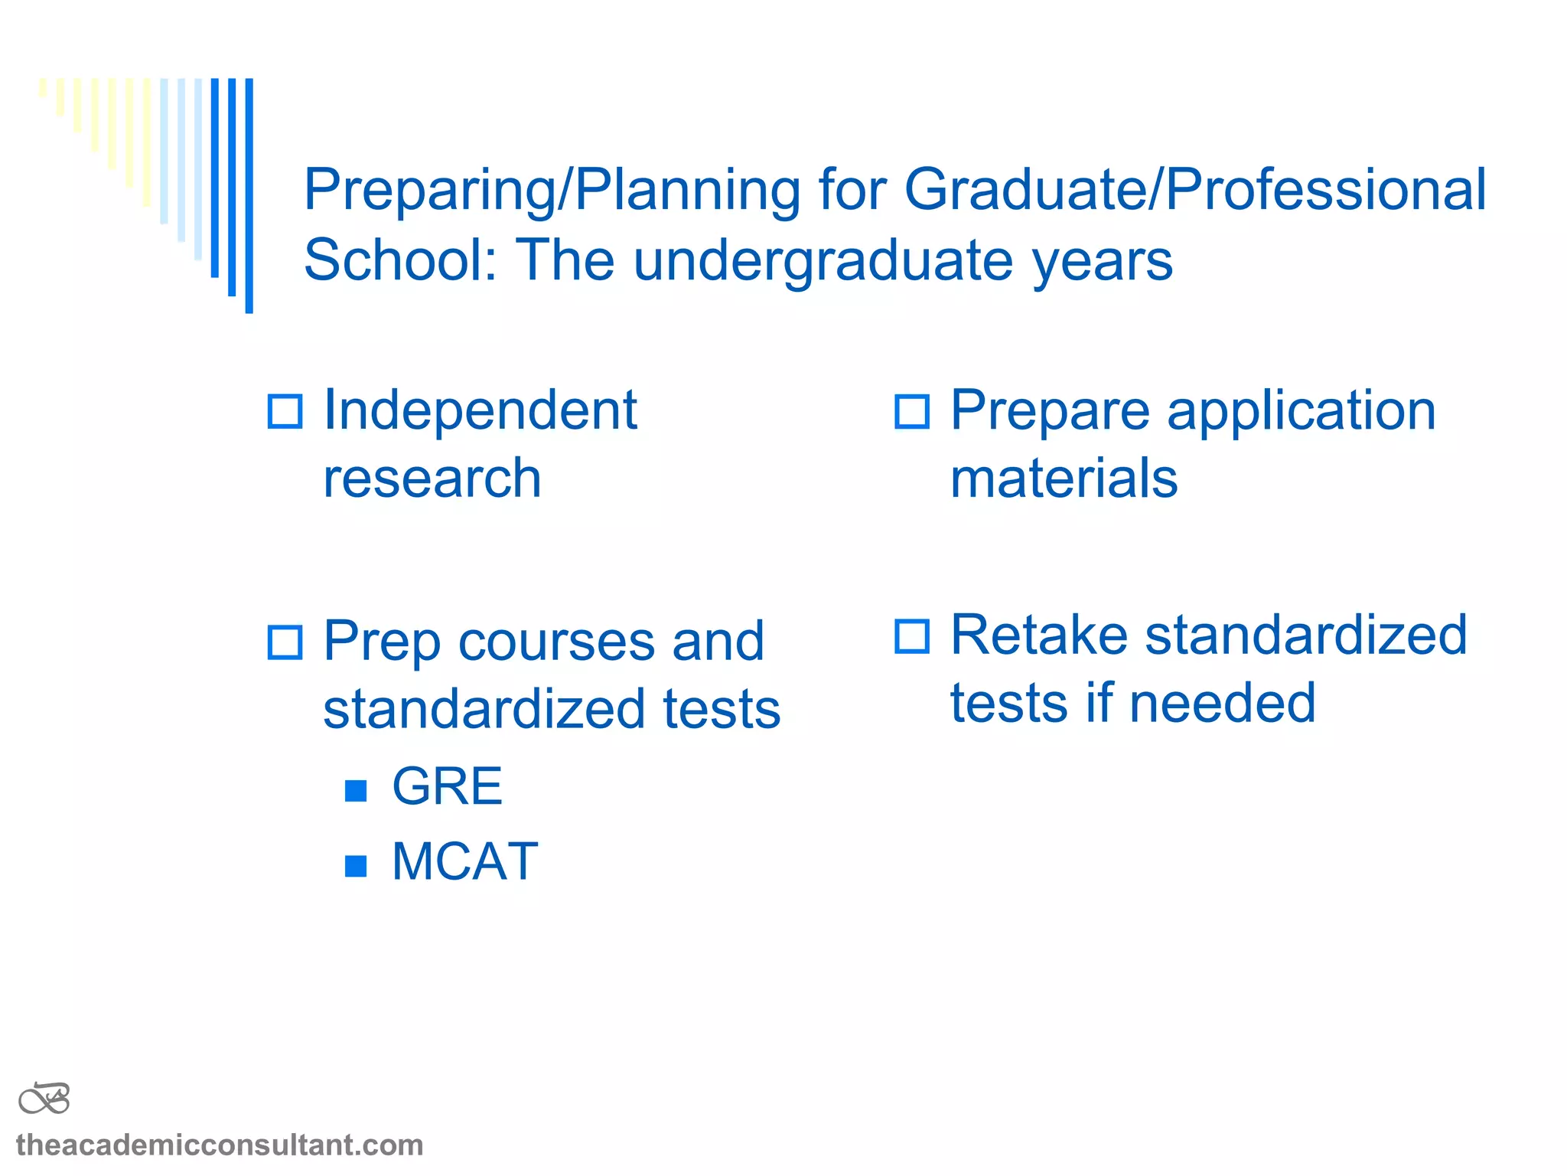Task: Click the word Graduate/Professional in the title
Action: point(1195,190)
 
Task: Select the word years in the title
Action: point(1102,260)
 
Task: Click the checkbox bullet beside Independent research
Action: point(285,411)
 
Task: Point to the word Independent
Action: point(480,410)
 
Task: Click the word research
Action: point(432,479)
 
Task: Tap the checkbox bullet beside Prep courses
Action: point(285,642)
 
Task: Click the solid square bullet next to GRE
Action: point(356,790)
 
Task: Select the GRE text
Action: point(447,786)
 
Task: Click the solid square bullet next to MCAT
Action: point(356,866)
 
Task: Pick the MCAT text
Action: point(464,862)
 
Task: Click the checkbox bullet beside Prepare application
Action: point(912,411)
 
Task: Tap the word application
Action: point(1301,411)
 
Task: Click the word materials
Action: point(1064,479)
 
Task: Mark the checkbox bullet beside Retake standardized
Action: point(912,636)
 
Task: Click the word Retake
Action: point(1038,635)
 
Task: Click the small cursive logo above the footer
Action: point(44,1099)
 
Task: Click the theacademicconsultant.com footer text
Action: point(220,1145)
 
